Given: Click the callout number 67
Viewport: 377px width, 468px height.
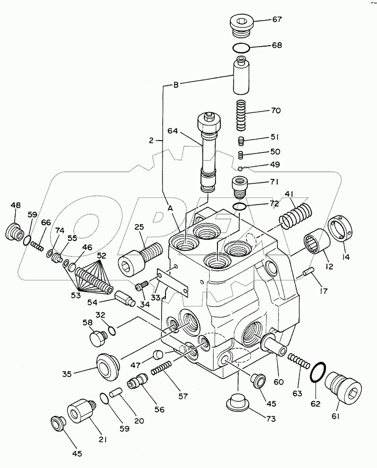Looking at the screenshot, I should [277, 20].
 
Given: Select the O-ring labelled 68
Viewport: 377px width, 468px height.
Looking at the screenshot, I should [242, 48].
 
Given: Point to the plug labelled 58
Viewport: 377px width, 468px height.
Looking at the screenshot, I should [98, 339].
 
